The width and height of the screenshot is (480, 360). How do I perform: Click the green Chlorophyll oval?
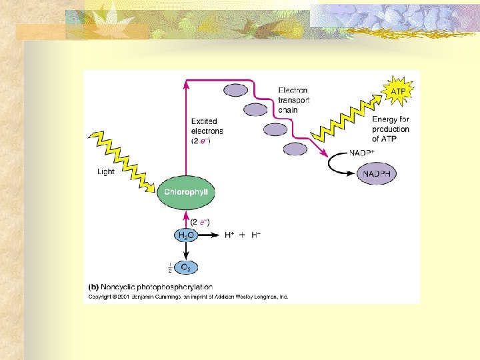point(187,192)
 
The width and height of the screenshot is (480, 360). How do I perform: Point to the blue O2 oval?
point(187,268)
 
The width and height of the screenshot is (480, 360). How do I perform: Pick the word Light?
point(106,171)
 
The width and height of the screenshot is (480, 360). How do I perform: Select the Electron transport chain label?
point(293,100)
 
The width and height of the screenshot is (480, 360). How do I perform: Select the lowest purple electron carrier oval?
point(295,149)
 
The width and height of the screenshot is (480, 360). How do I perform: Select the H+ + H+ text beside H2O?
point(242,235)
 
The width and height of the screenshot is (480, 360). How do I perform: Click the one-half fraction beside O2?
point(170,268)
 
